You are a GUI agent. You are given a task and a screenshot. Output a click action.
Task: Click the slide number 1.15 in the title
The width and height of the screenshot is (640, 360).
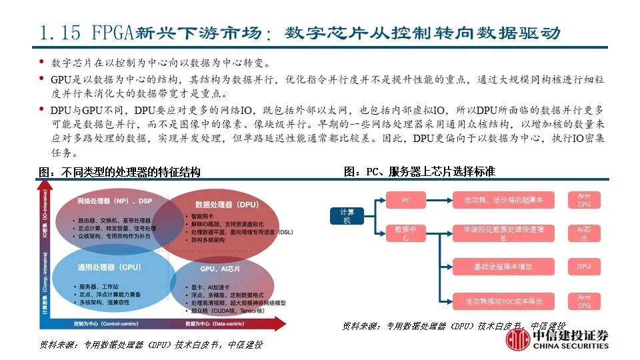(59, 32)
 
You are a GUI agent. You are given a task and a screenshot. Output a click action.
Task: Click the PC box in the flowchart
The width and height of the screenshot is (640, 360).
(406, 200)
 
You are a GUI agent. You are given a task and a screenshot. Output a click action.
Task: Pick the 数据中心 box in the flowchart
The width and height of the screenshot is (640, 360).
(406, 233)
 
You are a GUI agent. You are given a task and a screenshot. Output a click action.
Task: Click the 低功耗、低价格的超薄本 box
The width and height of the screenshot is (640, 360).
(503, 200)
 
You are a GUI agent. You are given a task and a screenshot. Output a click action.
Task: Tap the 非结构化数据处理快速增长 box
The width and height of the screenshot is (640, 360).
(503, 233)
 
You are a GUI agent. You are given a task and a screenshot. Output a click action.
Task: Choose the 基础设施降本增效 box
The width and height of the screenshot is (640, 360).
(503, 267)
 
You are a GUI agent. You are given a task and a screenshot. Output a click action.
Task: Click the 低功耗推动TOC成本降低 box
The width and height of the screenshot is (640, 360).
(503, 301)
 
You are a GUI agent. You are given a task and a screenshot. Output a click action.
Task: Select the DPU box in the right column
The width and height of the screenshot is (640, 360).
(584, 267)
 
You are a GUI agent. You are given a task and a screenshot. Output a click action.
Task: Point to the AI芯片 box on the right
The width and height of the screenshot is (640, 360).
(584, 233)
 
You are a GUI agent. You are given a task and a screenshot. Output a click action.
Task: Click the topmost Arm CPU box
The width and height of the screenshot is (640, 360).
(584, 200)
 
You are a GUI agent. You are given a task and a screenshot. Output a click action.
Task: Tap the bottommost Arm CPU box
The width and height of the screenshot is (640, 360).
(584, 301)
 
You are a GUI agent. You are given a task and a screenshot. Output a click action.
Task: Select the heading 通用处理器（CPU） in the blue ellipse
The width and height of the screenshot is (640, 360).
(109, 267)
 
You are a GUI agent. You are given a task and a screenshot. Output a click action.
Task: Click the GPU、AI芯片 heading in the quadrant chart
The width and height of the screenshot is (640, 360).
(220, 268)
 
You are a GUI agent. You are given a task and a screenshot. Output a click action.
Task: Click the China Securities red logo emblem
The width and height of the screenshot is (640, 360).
(517, 341)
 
